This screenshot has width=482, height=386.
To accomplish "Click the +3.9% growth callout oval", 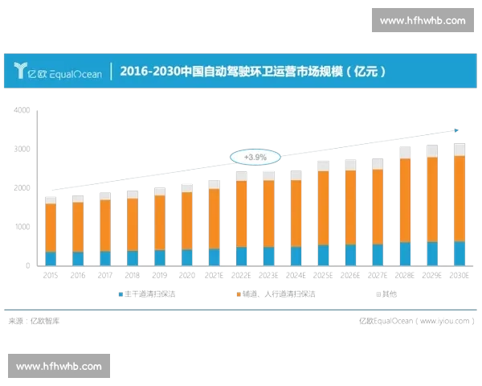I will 255,155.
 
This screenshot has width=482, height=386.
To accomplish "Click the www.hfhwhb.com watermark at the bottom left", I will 59,366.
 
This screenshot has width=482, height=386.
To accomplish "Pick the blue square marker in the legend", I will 120,295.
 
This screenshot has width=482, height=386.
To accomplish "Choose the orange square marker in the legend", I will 239,295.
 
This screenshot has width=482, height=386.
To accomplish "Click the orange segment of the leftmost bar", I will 51,227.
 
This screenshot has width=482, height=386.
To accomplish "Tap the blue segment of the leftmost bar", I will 51,257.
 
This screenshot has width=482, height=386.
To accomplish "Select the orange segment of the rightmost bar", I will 458,198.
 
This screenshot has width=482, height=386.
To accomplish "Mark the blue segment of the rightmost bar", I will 458,253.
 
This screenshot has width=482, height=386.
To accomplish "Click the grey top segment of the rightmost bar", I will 458,149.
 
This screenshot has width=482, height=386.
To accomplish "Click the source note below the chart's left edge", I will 36,321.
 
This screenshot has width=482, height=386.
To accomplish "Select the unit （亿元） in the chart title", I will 365,72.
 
